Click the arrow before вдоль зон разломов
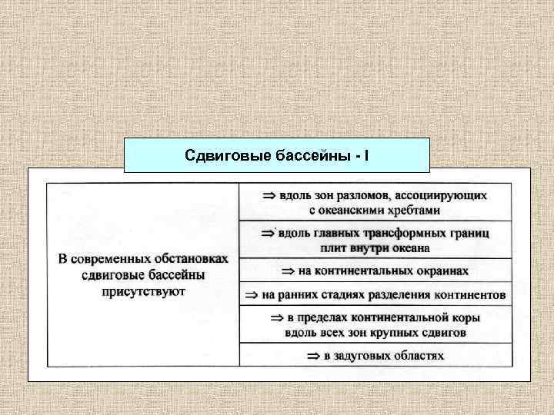pos(269,196)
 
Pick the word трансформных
pos(396,234)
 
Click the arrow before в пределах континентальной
pos(276,318)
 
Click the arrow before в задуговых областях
pos(313,356)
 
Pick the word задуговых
pos(362,356)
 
